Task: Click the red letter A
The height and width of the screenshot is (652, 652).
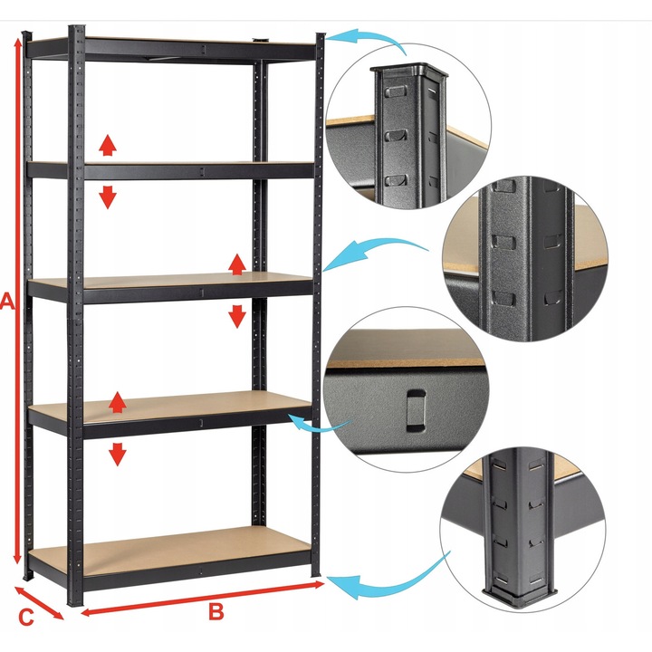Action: click(x=7, y=302)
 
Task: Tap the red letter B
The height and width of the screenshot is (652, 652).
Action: click(x=216, y=611)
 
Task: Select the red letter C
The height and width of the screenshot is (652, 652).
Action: click(x=25, y=618)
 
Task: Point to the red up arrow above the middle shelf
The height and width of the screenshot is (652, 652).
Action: click(x=237, y=264)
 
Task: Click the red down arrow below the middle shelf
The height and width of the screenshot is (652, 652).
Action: click(x=237, y=316)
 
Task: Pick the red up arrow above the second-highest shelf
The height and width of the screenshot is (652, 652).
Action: click(x=108, y=145)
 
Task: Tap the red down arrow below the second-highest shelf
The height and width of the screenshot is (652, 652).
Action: click(x=108, y=197)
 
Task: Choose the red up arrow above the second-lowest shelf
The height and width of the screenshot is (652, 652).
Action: click(x=118, y=402)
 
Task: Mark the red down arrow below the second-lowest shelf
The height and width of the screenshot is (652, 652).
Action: click(x=118, y=454)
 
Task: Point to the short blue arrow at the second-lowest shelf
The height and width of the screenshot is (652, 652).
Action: click(x=317, y=427)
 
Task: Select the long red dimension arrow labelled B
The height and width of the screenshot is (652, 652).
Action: click(x=203, y=599)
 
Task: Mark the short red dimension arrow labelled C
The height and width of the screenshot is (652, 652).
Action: click(x=39, y=602)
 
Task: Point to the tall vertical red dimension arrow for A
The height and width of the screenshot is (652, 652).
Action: click(x=17, y=301)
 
